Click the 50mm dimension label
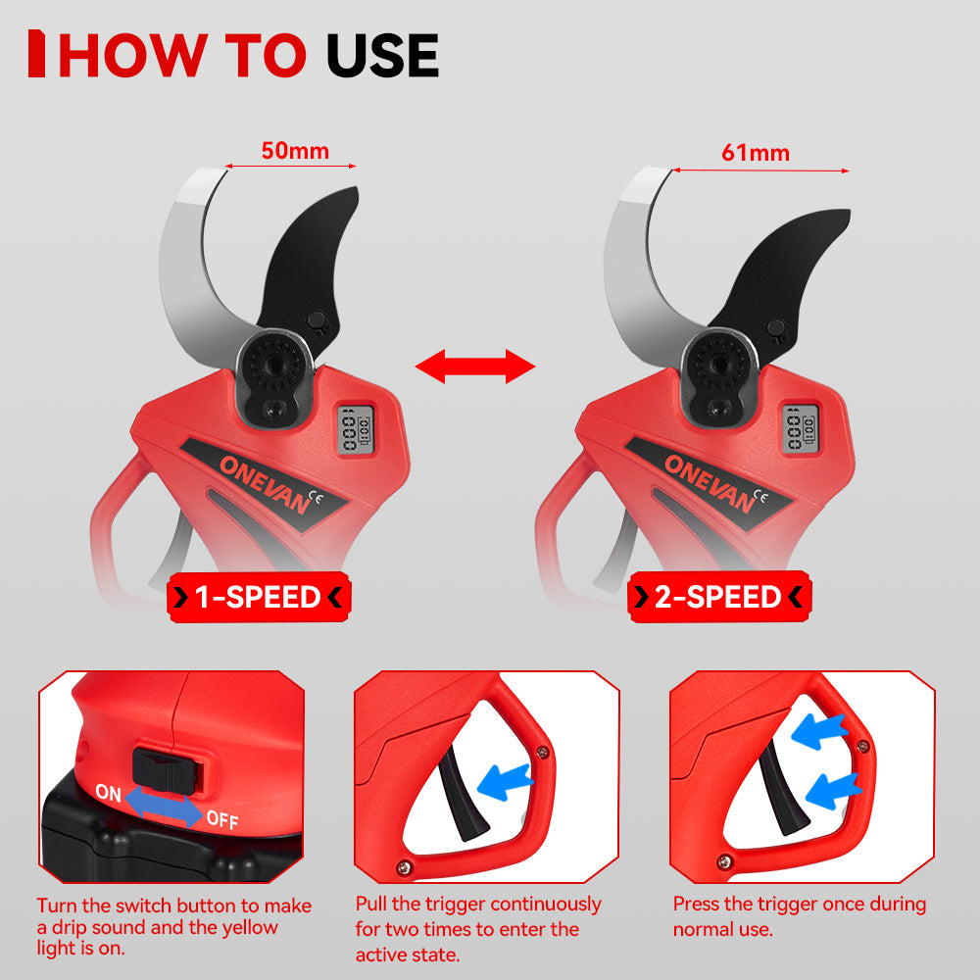[295, 151]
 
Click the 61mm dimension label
[755, 153]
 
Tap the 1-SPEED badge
[259, 597]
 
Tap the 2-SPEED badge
[718, 597]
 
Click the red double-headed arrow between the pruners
[474, 367]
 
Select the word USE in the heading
[381, 56]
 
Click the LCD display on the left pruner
[351, 427]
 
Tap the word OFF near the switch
[221, 820]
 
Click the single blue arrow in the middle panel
[508, 781]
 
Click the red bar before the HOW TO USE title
[36, 55]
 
